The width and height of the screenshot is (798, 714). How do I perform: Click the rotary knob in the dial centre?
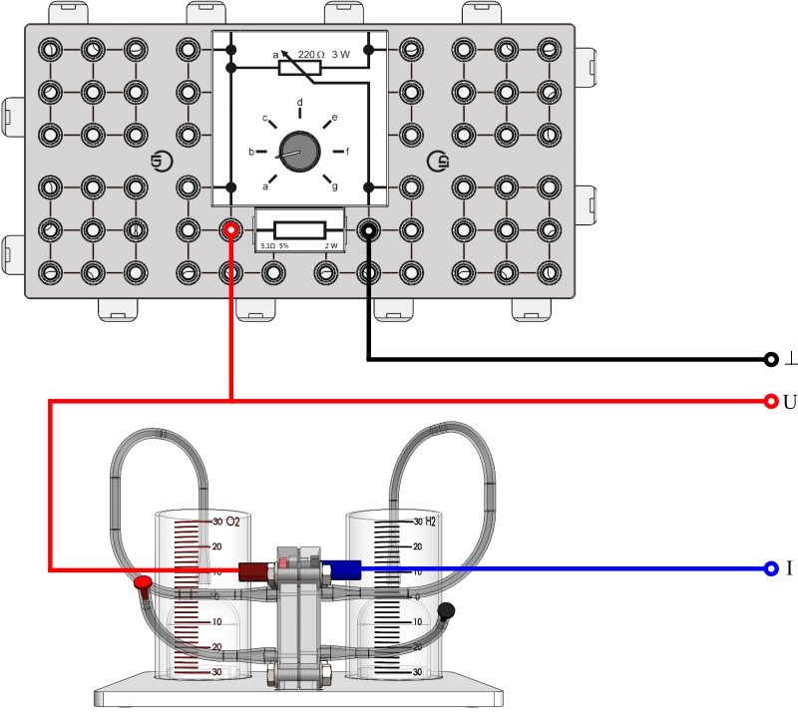tap(294, 153)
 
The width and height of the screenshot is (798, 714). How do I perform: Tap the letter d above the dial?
tap(300, 102)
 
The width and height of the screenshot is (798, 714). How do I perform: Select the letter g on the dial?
tap(335, 186)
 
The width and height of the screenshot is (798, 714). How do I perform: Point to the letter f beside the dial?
tap(347, 153)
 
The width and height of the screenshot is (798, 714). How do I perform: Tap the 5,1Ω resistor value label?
tap(267, 245)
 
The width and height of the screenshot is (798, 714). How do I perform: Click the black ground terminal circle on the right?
tap(770, 359)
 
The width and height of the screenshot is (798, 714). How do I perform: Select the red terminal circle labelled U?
tap(770, 401)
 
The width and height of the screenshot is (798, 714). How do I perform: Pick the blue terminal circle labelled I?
tap(770, 568)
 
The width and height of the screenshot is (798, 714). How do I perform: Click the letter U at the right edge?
tap(789, 401)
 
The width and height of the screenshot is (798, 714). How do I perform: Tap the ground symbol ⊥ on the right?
tap(789, 359)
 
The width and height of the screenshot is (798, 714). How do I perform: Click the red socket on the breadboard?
tap(231, 230)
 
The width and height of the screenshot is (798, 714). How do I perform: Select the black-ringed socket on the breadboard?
tap(368, 230)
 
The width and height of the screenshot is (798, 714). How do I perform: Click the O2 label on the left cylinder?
tap(234, 522)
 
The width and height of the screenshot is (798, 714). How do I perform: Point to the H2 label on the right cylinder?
tap(431, 522)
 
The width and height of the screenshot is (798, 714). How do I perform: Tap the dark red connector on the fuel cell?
tap(255, 570)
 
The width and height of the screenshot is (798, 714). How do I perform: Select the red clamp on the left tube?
tap(144, 582)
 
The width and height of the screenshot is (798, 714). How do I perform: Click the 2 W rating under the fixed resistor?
tap(331, 245)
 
